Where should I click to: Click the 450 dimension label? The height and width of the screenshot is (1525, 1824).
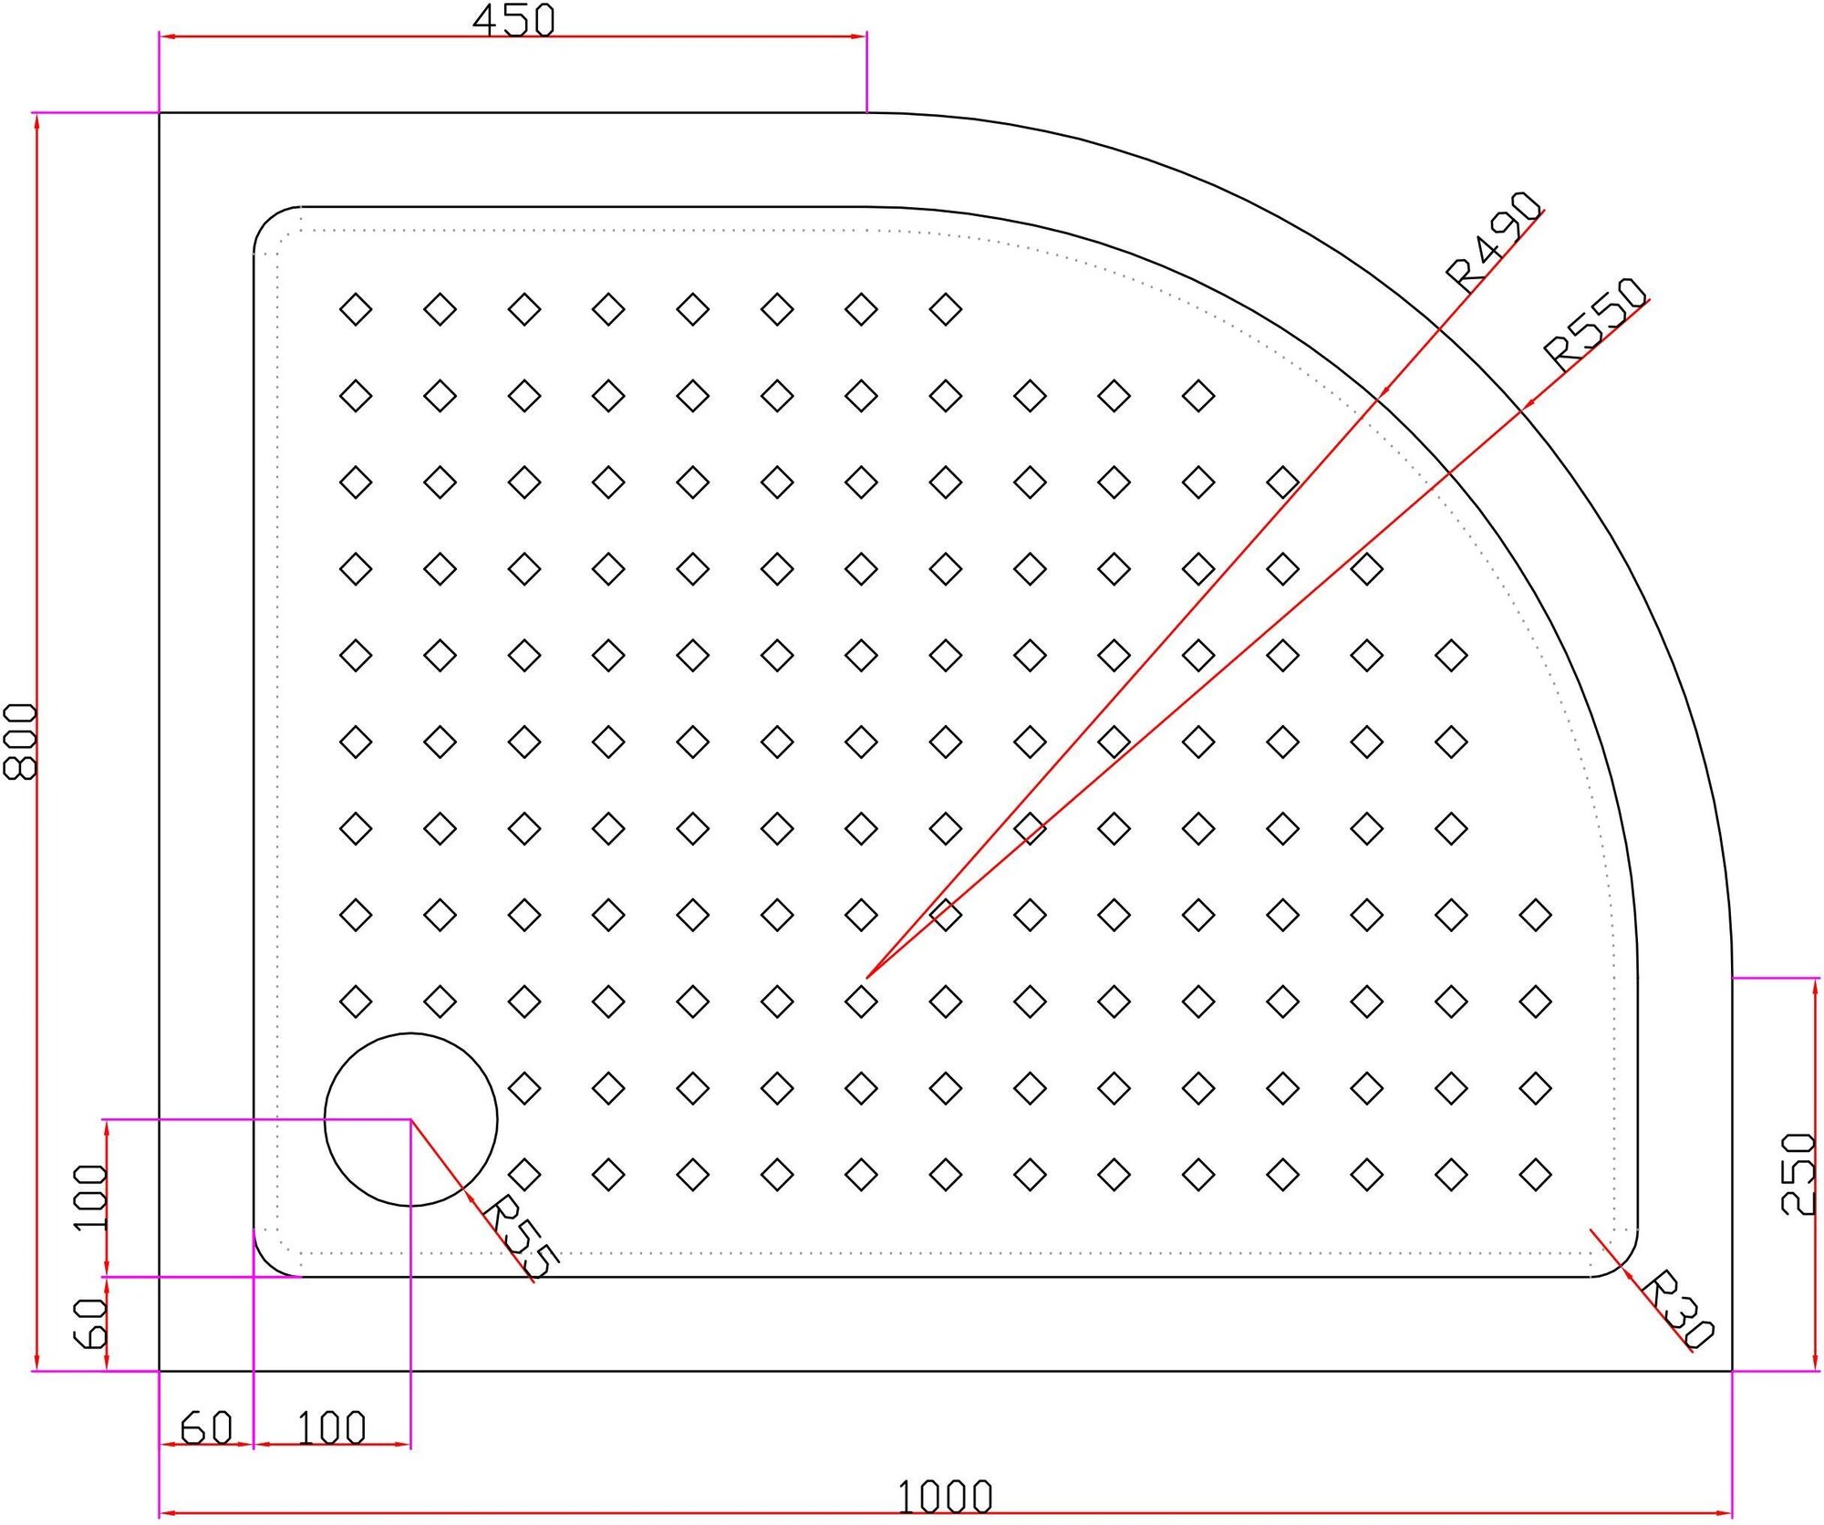coord(513,20)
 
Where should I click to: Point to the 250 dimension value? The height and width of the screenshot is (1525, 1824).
coord(1798,1174)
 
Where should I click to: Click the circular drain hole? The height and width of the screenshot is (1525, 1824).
coord(410,1119)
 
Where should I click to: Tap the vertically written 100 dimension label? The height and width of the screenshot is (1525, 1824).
coord(90,1197)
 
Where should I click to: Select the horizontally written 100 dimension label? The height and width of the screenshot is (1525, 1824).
coord(331,1428)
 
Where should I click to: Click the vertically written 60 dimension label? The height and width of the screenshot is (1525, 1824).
coord(90,1323)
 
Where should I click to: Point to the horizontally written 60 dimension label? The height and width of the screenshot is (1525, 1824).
coord(206,1428)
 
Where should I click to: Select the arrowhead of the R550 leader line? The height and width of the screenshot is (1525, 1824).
coord(1525,407)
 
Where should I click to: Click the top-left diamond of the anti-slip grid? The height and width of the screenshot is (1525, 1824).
coord(356,309)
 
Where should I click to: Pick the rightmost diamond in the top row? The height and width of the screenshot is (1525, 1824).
coord(945,309)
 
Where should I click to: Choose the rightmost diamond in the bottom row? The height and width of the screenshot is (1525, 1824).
coord(1535,1175)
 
